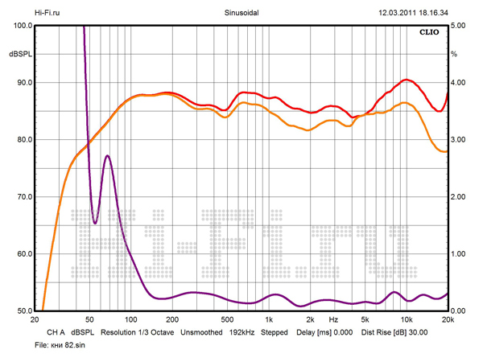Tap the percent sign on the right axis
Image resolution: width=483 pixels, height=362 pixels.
(x=455, y=54)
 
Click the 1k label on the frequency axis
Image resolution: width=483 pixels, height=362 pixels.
(x=269, y=319)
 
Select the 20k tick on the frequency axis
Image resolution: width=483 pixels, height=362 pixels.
(x=448, y=319)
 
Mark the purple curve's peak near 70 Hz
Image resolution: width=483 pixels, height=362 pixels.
(x=107, y=155)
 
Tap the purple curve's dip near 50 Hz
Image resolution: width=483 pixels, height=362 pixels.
(x=95, y=223)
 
